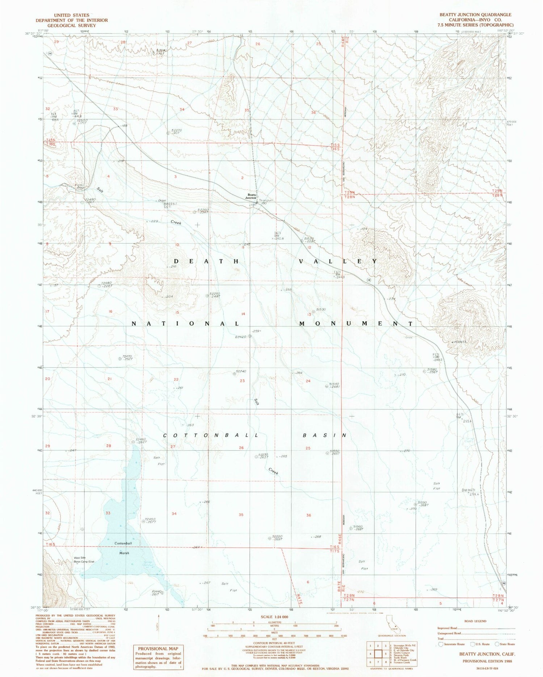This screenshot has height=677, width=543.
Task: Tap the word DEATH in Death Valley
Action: coord(206,261)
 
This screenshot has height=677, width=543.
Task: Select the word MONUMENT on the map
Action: coord(355,323)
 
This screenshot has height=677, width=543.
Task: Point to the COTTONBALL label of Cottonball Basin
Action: coord(211,435)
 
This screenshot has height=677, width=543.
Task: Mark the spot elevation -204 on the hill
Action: coord(167,297)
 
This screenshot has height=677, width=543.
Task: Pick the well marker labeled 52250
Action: coord(207,295)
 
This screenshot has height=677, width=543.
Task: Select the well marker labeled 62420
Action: coord(250,336)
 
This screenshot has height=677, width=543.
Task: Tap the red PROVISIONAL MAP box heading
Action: coord(158,648)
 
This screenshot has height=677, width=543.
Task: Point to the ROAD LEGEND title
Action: coord(475,621)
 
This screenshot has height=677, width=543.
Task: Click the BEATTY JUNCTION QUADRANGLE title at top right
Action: coord(475,14)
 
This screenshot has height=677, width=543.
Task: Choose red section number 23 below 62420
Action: coord(242,380)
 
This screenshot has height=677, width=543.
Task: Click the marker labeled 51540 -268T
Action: coord(327,386)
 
